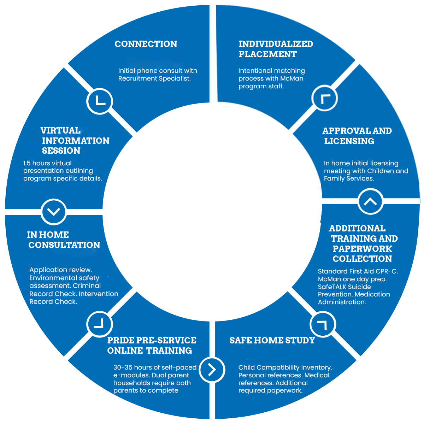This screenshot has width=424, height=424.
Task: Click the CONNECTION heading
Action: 146,44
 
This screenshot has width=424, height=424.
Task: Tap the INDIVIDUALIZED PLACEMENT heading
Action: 276,49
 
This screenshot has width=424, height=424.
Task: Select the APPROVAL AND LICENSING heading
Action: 357,136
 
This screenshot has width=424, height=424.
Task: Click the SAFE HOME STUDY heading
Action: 272,341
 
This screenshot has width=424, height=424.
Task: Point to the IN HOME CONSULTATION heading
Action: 64,240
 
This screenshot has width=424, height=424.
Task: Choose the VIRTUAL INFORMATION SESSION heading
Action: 75,141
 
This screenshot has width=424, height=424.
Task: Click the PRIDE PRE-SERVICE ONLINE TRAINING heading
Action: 152,346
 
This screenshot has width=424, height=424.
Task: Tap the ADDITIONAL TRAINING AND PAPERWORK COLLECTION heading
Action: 363,243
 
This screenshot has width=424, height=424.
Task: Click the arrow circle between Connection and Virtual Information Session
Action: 100,101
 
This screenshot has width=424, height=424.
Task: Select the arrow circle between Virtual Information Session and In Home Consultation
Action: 54,212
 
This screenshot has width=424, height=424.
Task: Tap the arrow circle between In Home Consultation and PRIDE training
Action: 100,324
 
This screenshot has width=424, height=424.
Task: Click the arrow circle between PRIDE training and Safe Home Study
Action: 212,369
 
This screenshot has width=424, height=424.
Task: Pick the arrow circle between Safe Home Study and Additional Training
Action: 323,324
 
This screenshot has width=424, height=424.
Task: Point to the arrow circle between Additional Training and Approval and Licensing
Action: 370,201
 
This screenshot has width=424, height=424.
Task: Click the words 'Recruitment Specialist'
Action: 154,78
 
